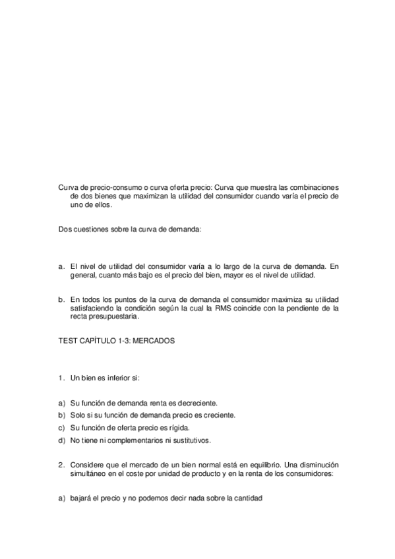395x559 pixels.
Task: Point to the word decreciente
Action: point(197,402)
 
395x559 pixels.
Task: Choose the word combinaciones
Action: point(309,187)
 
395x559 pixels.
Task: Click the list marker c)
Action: point(62,427)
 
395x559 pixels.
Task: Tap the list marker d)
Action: point(62,440)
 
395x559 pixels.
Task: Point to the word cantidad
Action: point(247,498)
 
